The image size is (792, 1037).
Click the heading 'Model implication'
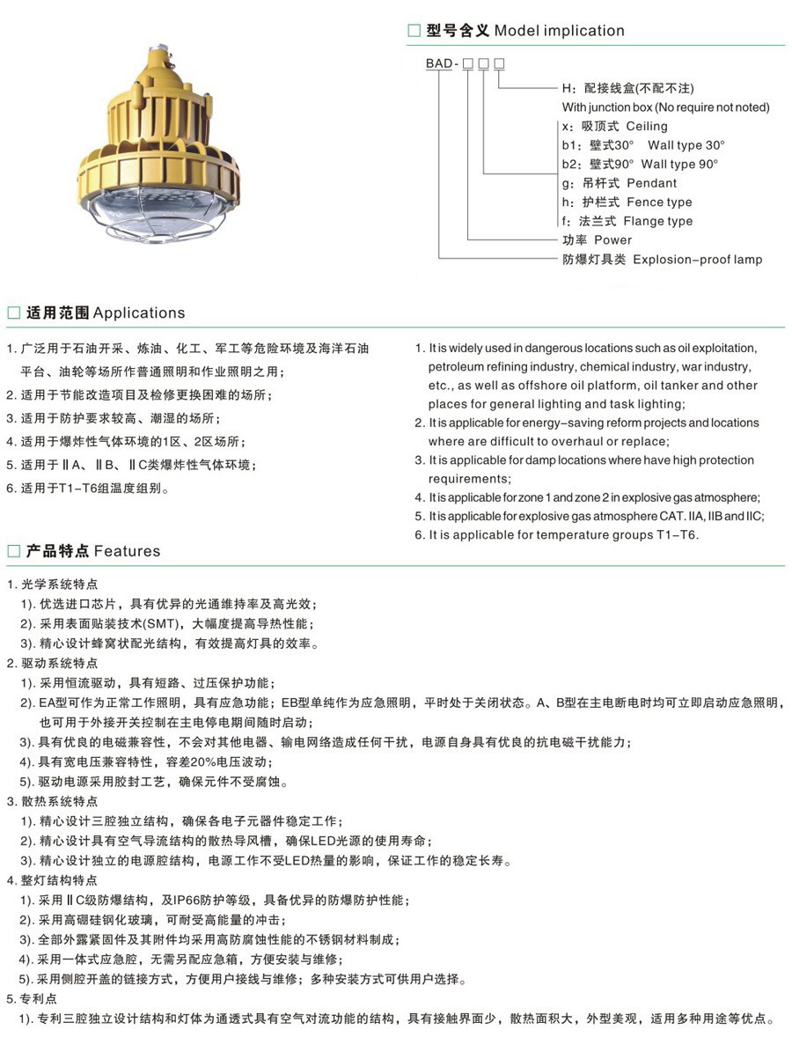[559, 31]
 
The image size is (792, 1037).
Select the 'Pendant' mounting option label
[651, 183]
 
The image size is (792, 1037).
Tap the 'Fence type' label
[659, 202]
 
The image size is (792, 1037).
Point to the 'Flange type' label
[660, 221]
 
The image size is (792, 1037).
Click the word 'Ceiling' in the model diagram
[647, 127]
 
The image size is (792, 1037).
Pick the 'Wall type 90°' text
[680, 165]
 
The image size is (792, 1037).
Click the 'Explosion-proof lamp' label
[698, 260]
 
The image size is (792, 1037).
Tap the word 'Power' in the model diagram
[612, 240]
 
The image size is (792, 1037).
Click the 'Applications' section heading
[139, 313]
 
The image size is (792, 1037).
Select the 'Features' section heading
[128, 552]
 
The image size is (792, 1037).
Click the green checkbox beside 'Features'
[13, 552]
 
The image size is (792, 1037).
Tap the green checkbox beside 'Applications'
[13, 313]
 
